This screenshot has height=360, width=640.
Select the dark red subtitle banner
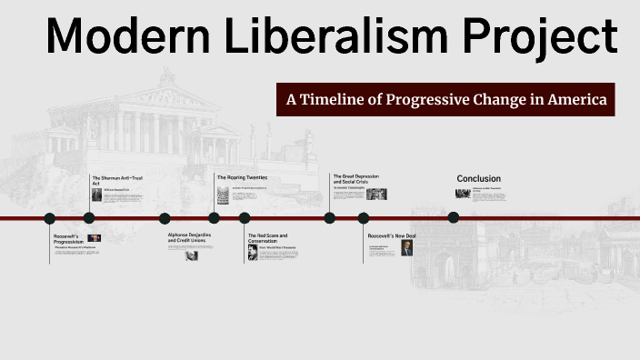(445, 99)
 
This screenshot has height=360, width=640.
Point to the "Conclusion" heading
(478, 178)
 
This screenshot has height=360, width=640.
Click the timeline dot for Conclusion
(454, 217)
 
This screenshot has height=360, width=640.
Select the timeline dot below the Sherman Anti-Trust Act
(88, 218)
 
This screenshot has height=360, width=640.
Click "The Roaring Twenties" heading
(241, 177)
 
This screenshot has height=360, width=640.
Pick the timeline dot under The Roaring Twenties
(214, 218)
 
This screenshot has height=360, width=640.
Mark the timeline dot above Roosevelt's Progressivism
(50, 218)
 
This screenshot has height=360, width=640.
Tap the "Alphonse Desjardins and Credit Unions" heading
(188, 237)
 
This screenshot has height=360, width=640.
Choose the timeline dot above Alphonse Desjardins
(165, 218)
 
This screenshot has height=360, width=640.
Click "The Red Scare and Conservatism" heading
(268, 237)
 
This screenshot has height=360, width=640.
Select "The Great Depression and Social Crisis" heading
(355, 178)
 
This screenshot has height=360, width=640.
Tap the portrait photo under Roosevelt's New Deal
(406, 248)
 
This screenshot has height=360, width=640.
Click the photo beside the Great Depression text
(376, 194)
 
